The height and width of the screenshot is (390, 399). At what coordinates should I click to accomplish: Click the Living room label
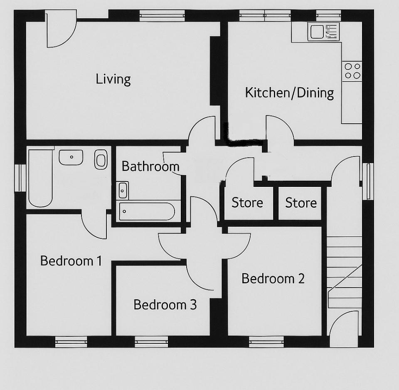(113, 79)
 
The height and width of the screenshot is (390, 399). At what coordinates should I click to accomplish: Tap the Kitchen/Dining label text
(289, 92)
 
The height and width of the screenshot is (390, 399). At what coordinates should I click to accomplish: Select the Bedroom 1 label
(71, 261)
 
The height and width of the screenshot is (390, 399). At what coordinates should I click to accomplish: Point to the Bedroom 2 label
(273, 278)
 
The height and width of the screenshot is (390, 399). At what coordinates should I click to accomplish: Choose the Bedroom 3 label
(165, 305)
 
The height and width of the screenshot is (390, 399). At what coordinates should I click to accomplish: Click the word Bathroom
(150, 166)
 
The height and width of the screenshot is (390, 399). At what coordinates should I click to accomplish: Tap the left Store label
(247, 203)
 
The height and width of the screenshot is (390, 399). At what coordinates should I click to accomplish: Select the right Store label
(301, 203)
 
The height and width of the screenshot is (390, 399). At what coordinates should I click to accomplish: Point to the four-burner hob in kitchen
(352, 70)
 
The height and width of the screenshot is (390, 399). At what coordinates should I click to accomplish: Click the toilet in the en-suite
(101, 159)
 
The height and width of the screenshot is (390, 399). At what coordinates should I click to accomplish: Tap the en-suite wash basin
(71, 157)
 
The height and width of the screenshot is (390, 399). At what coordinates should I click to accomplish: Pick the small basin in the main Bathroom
(123, 190)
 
